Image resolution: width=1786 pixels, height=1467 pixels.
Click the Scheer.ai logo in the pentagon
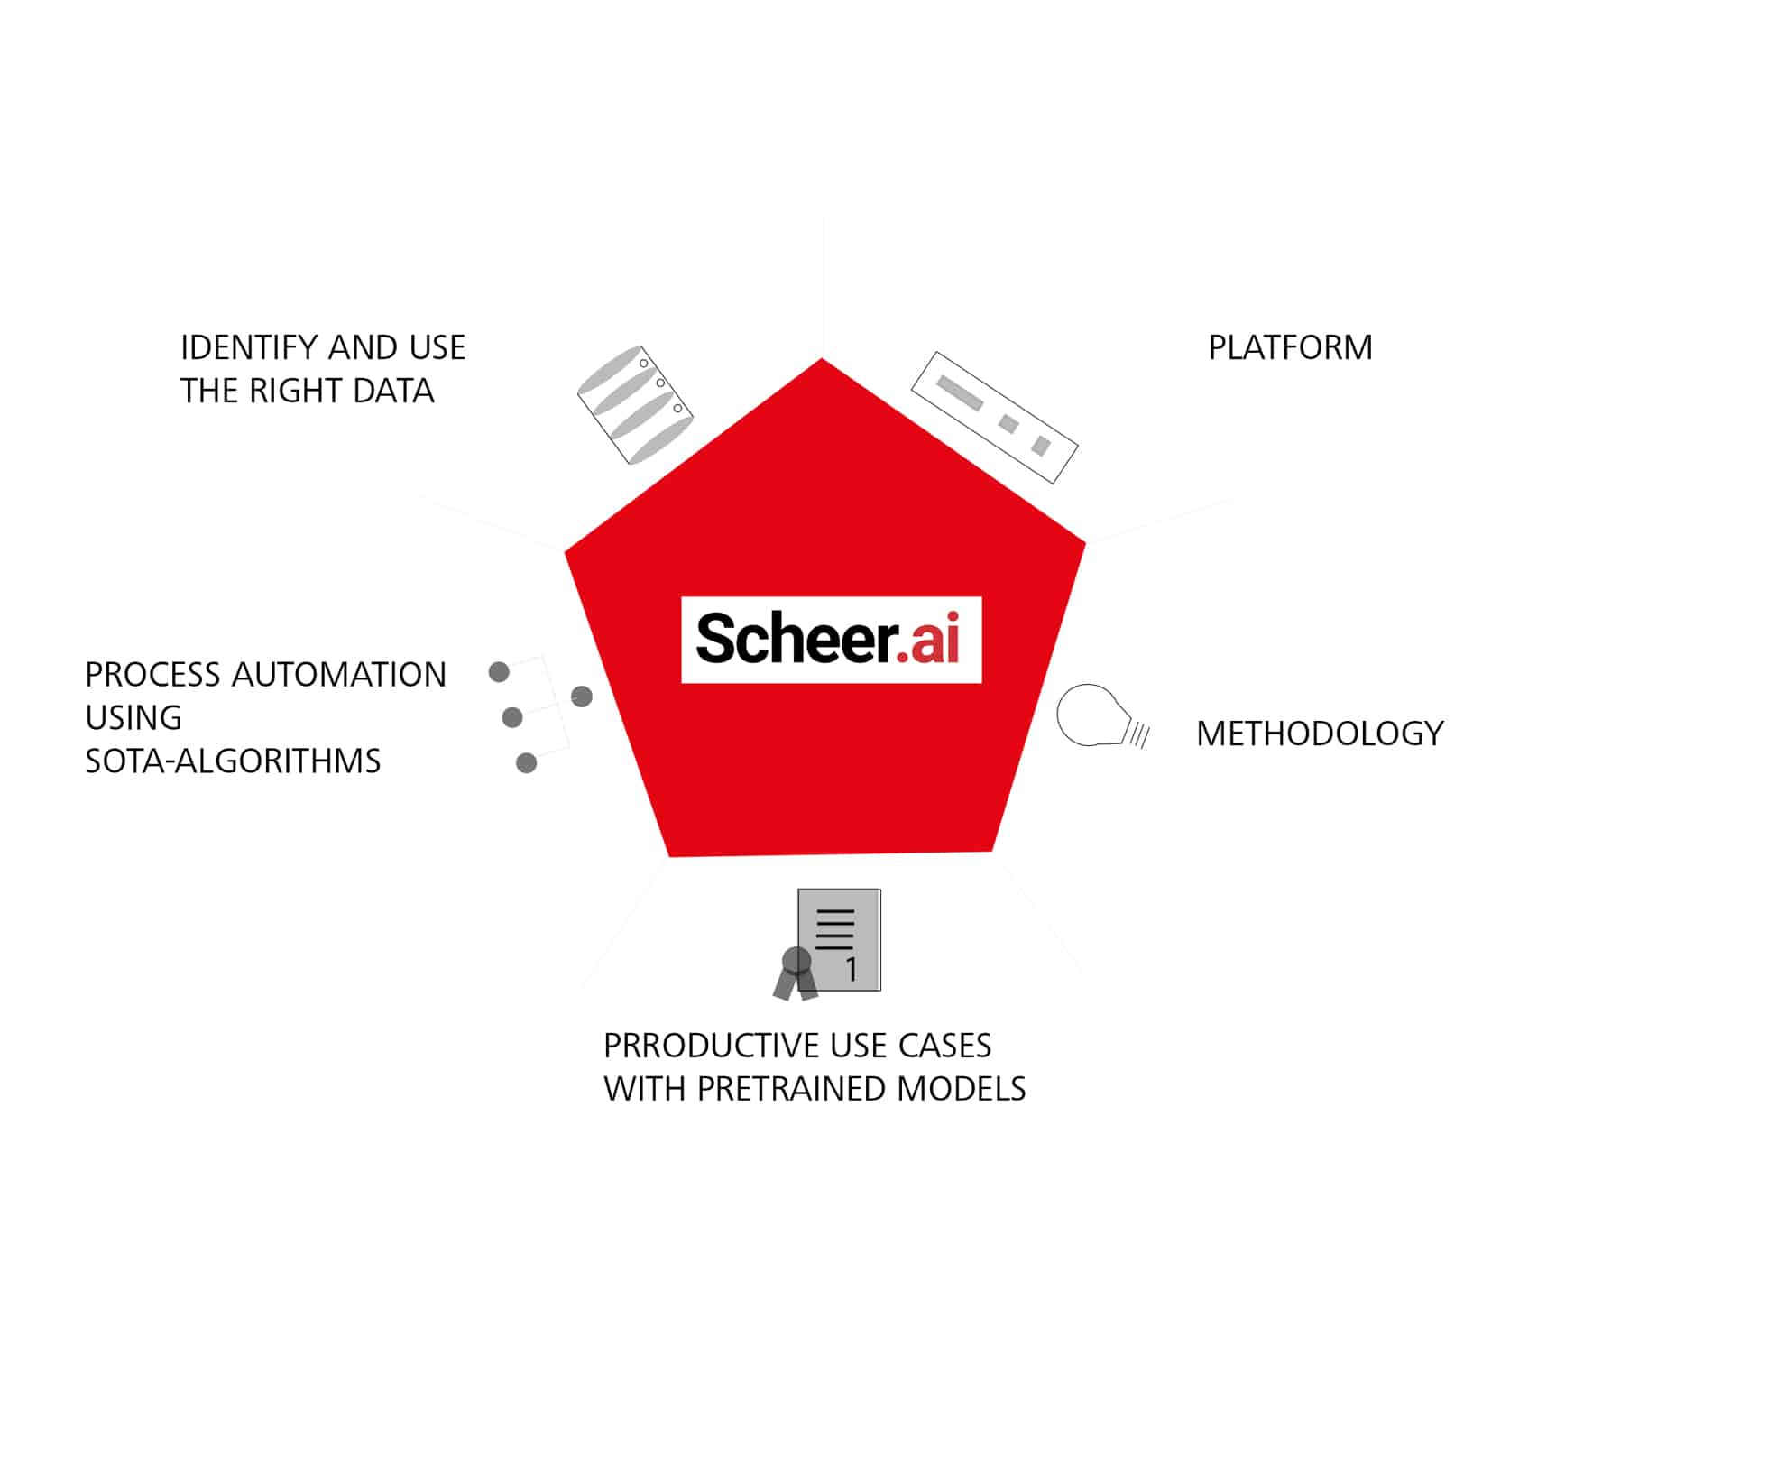(830, 639)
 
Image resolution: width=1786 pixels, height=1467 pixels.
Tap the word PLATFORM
(1289, 347)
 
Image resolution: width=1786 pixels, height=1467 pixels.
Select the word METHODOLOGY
(1319, 733)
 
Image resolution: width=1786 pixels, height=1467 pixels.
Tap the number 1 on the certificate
(851, 970)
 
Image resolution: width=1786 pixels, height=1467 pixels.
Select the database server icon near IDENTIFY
(634, 405)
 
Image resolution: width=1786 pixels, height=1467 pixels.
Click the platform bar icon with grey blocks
(994, 417)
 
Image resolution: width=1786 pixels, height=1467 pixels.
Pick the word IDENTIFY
(248, 347)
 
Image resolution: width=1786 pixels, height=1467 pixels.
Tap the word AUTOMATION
(339, 675)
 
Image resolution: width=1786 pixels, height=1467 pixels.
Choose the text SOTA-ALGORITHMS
(233, 761)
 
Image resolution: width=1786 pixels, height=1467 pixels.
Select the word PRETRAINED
(792, 1089)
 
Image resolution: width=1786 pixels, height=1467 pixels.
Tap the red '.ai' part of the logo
(929, 639)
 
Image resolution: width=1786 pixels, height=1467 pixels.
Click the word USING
(133, 718)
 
